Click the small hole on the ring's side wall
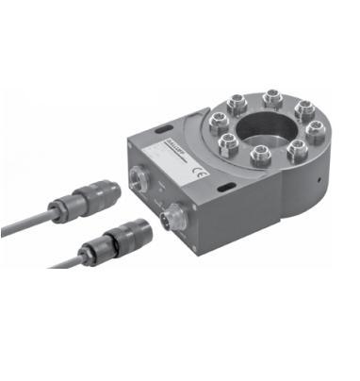pos(321,176)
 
